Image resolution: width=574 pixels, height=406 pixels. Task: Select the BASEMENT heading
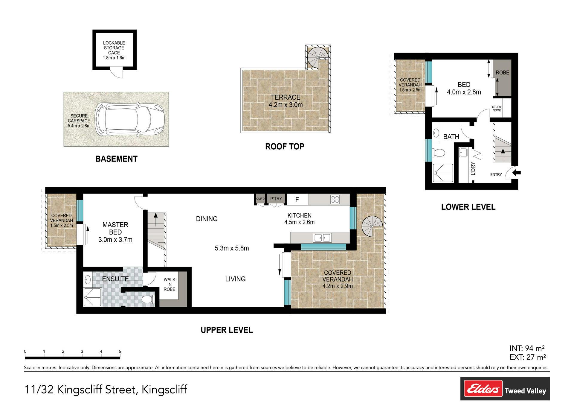pyautogui.click(x=116, y=159)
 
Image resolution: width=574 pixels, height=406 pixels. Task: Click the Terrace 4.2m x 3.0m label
pyautogui.click(x=286, y=101)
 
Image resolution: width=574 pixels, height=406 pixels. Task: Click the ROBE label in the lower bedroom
pyautogui.click(x=502, y=72)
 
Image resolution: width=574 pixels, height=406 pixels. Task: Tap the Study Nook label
pyautogui.click(x=497, y=109)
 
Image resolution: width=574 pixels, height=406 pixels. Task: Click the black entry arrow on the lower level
pyautogui.click(x=517, y=173)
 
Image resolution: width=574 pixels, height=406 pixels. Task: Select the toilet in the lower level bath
pyautogui.click(x=438, y=153)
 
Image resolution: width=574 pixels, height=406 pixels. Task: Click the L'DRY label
pyautogui.click(x=473, y=168)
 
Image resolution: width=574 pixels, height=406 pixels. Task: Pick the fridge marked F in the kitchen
pyautogui.click(x=297, y=200)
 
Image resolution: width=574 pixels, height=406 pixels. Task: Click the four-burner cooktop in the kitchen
pyautogui.click(x=335, y=200)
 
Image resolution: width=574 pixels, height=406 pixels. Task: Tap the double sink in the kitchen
pyautogui.click(x=322, y=238)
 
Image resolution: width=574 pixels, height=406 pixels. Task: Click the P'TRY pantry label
pyautogui.click(x=276, y=199)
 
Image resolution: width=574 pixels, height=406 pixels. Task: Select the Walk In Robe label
pyautogui.click(x=170, y=284)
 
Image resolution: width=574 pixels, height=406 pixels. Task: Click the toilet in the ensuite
pyautogui.click(x=148, y=299)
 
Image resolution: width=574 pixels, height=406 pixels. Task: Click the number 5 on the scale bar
pyautogui.click(x=120, y=352)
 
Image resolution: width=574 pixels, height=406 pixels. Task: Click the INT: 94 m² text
pyautogui.click(x=527, y=348)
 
